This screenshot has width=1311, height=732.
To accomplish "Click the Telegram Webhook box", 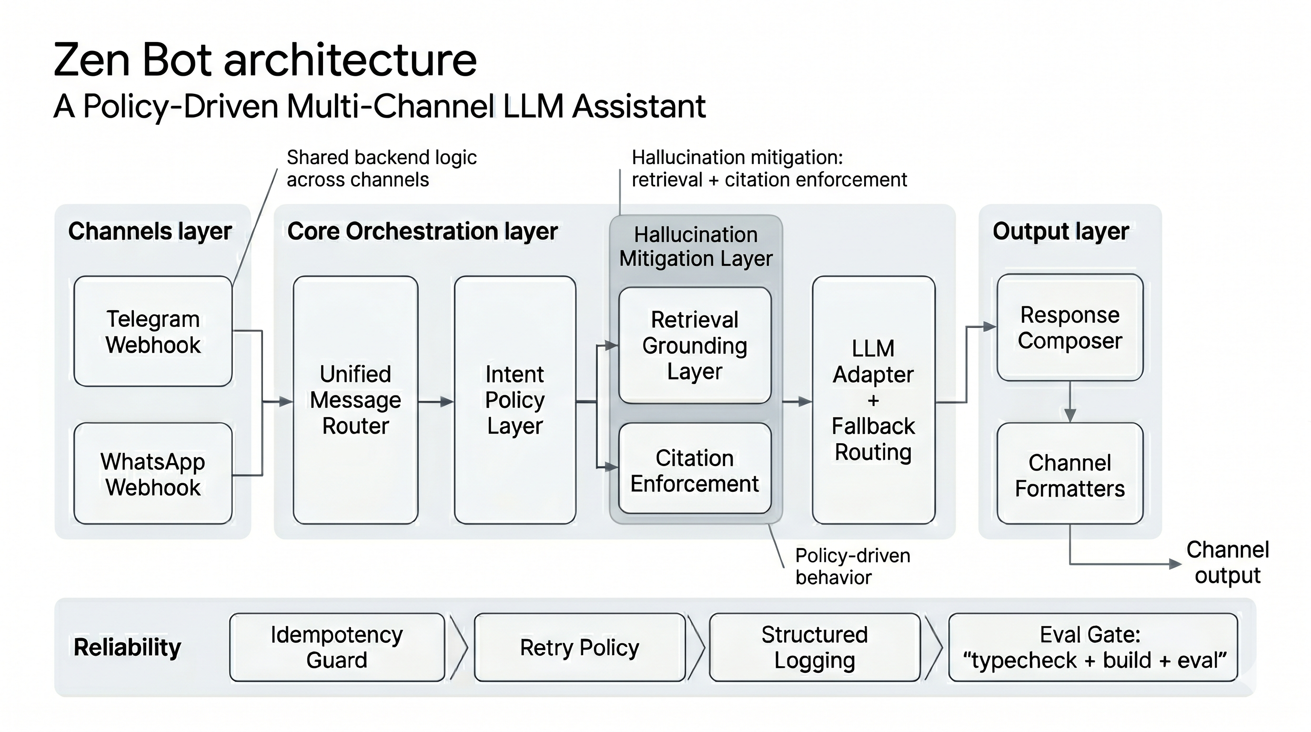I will pyautogui.click(x=152, y=331).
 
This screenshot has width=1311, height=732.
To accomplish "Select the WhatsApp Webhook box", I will pyautogui.click(x=152, y=473).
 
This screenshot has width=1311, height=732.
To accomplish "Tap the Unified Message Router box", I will pyautogui.click(x=355, y=400).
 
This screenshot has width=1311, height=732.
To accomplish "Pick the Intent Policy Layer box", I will pyautogui.click(x=514, y=400).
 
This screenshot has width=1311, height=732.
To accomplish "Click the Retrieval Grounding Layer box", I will pyautogui.click(x=694, y=346).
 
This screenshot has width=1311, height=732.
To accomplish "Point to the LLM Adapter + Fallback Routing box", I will pyautogui.click(x=873, y=400).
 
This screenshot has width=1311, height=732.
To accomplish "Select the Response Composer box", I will pyautogui.click(x=1070, y=327).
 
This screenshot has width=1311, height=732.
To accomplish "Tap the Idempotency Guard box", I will pyautogui.click(x=336, y=647).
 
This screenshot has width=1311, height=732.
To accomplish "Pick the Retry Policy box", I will pyautogui.click(x=579, y=647).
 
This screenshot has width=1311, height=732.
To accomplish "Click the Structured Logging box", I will pyautogui.click(x=814, y=647).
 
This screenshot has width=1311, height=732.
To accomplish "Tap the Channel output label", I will pyautogui.click(x=1227, y=562).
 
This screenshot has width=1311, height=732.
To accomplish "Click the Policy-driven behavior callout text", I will pyautogui.click(x=852, y=566).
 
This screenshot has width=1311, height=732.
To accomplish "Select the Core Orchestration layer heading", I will pyautogui.click(x=423, y=231).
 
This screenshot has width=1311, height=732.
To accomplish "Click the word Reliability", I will pyautogui.click(x=127, y=647).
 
